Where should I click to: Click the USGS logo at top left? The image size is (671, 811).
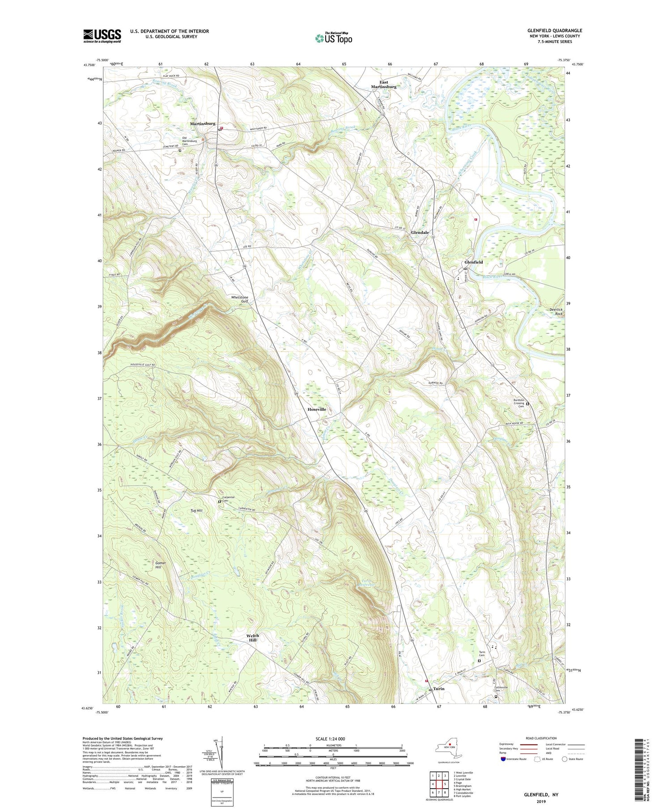click(102, 36)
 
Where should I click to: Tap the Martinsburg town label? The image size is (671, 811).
click(203, 123)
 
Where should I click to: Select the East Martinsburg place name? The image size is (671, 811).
click(384, 85)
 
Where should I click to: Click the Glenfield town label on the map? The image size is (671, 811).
click(473, 262)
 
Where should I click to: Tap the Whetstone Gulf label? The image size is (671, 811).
click(239, 299)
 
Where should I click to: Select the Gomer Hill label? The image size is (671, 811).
click(161, 565)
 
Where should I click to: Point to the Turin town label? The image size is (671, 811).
click(439, 689)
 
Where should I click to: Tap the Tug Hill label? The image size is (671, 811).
click(197, 510)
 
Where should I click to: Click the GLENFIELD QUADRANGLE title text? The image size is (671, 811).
click(555, 30)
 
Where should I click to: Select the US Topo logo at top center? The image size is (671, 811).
click(333, 38)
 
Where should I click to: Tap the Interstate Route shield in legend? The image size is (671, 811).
click(503, 759)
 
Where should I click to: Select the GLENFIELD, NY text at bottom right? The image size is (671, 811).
click(541, 795)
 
